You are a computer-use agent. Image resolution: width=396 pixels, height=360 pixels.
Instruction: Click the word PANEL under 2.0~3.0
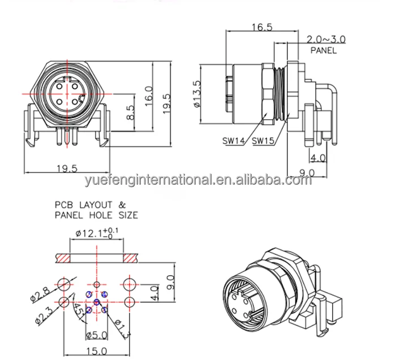click(323, 50)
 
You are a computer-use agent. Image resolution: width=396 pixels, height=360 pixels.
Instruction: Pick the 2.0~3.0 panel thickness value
click(326, 39)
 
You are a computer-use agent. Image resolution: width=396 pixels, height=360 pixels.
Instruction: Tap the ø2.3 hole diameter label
click(41, 315)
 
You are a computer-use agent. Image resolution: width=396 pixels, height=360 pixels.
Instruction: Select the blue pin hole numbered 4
click(104, 294)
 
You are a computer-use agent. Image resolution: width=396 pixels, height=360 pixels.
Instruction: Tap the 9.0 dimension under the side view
click(307, 172)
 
